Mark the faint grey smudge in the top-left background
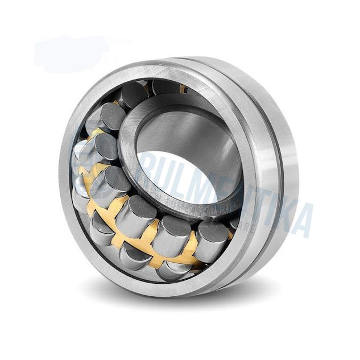coord(68,54)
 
